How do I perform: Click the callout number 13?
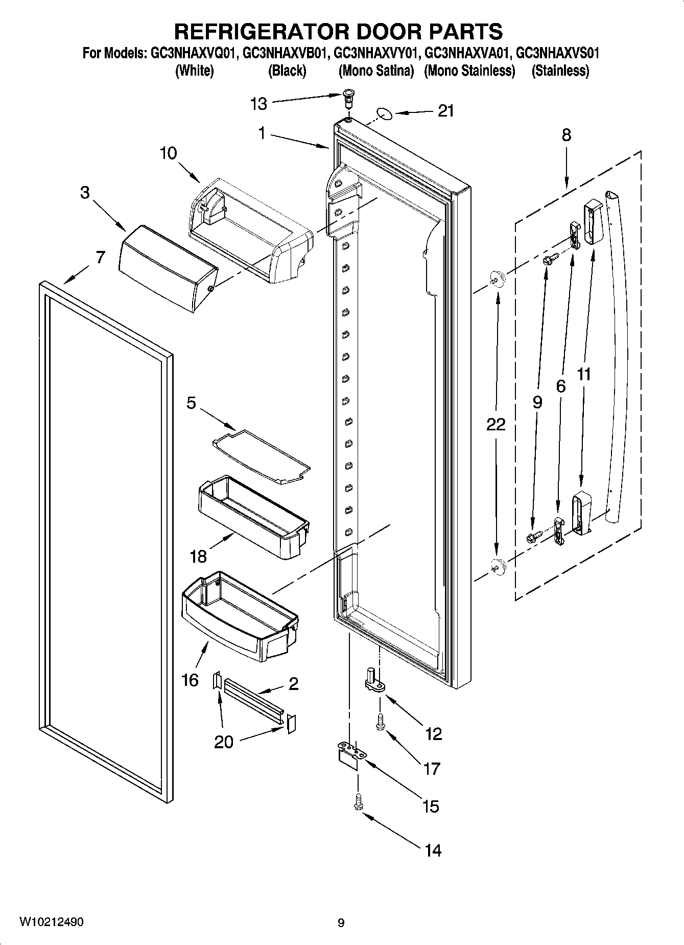(x=258, y=104)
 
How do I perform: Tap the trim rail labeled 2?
(x=253, y=699)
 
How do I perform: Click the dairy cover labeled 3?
(x=168, y=268)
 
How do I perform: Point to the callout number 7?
(x=100, y=257)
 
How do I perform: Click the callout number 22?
(x=496, y=424)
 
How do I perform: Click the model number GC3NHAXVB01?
(x=284, y=53)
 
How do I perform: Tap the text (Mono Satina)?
(x=376, y=71)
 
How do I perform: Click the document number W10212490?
(x=51, y=922)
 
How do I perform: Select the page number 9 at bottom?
(x=341, y=923)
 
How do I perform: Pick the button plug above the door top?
(x=349, y=96)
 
